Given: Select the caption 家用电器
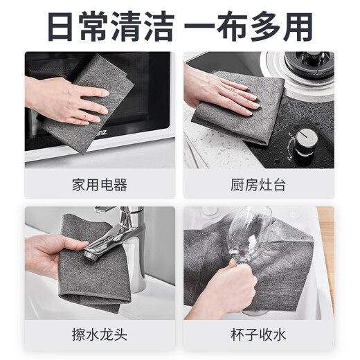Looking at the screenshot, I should [99, 185].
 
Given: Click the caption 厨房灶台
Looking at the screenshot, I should [258, 185].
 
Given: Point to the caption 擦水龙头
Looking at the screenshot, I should [99, 335].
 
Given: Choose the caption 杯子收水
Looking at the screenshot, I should [258, 335].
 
